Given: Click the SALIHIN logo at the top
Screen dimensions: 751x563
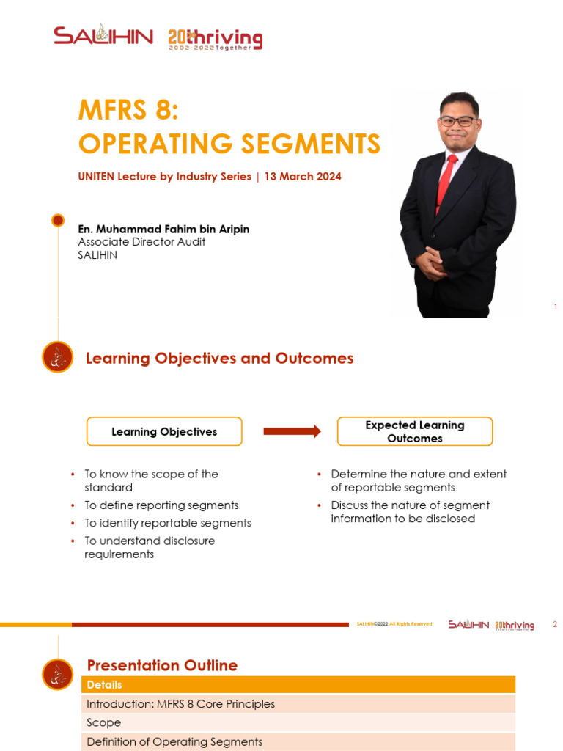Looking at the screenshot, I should (x=103, y=37).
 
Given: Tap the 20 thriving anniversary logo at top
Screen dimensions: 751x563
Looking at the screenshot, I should (x=215, y=39).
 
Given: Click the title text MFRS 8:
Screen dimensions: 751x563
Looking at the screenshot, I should (x=128, y=111).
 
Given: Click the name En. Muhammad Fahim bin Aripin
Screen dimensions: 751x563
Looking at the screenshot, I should (x=163, y=230).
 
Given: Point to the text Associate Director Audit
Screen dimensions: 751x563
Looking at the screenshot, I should (x=141, y=242).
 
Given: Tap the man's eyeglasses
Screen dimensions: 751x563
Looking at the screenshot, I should (x=457, y=121).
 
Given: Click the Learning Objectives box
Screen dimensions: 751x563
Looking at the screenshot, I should (x=164, y=432).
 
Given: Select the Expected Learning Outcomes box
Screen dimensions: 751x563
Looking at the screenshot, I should (x=415, y=432).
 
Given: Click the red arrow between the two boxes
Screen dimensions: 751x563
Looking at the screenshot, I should (x=292, y=431).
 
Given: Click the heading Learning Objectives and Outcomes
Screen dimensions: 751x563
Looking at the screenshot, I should (x=220, y=359).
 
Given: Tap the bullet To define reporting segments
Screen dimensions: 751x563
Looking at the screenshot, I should (x=161, y=505).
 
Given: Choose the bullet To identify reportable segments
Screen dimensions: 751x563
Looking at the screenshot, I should (x=168, y=523).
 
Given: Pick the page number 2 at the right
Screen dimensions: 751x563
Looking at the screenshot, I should (x=555, y=625).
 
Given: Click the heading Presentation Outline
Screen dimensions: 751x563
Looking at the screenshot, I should (x=162, y=665).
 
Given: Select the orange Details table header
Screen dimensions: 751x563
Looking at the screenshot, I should (x=298, y=685).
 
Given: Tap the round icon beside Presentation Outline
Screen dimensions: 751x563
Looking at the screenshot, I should (x=58, y=674).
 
